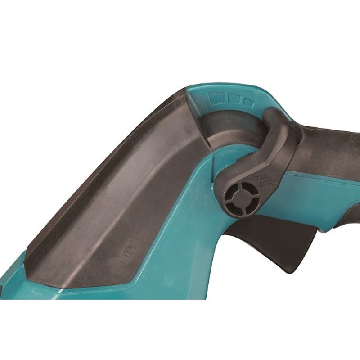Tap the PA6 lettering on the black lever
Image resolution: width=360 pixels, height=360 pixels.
click(262, 180)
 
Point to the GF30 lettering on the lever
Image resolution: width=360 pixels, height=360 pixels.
click(265, 186)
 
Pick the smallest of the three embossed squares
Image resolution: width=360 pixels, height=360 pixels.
click(247, 101)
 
